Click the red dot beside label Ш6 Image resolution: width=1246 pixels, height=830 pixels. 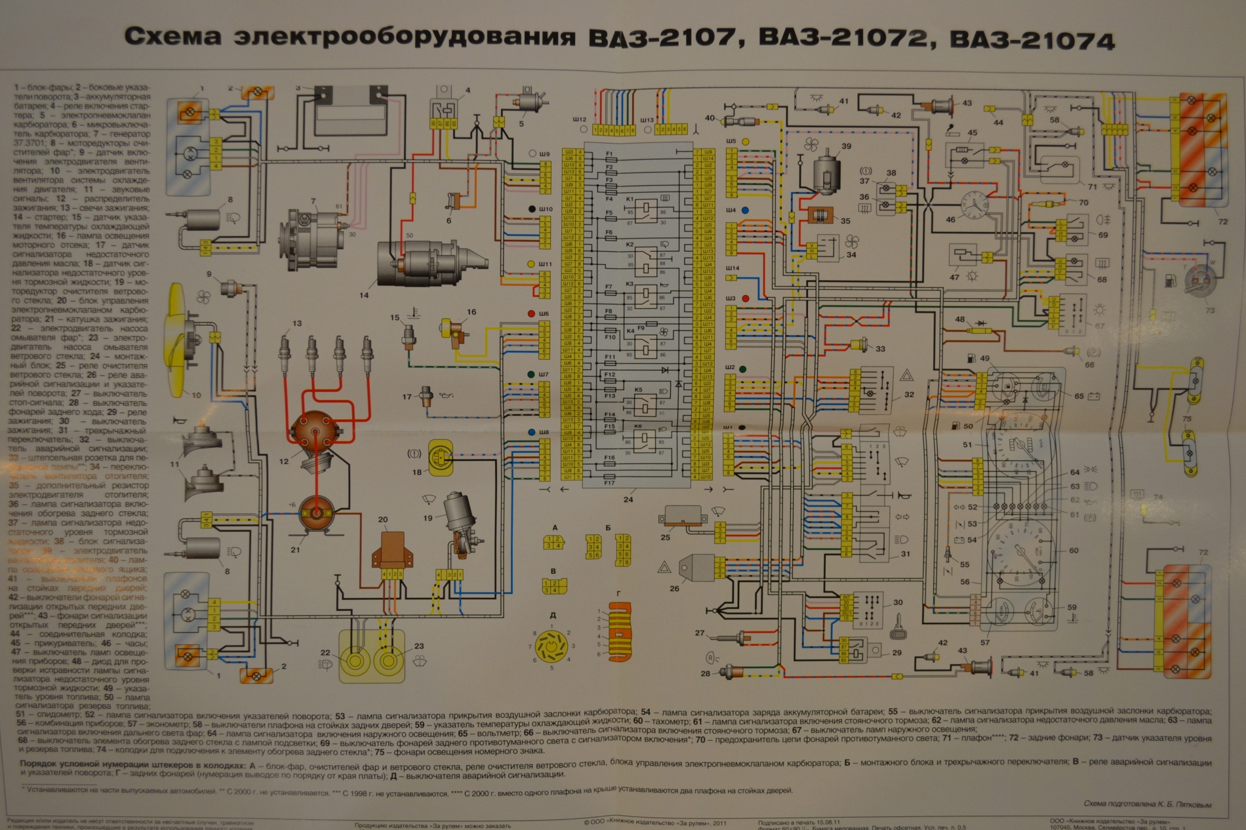pyautogui.click(x=531, y=313)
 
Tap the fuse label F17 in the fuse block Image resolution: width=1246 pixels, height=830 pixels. pyautogui.click(x=609, y=483)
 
